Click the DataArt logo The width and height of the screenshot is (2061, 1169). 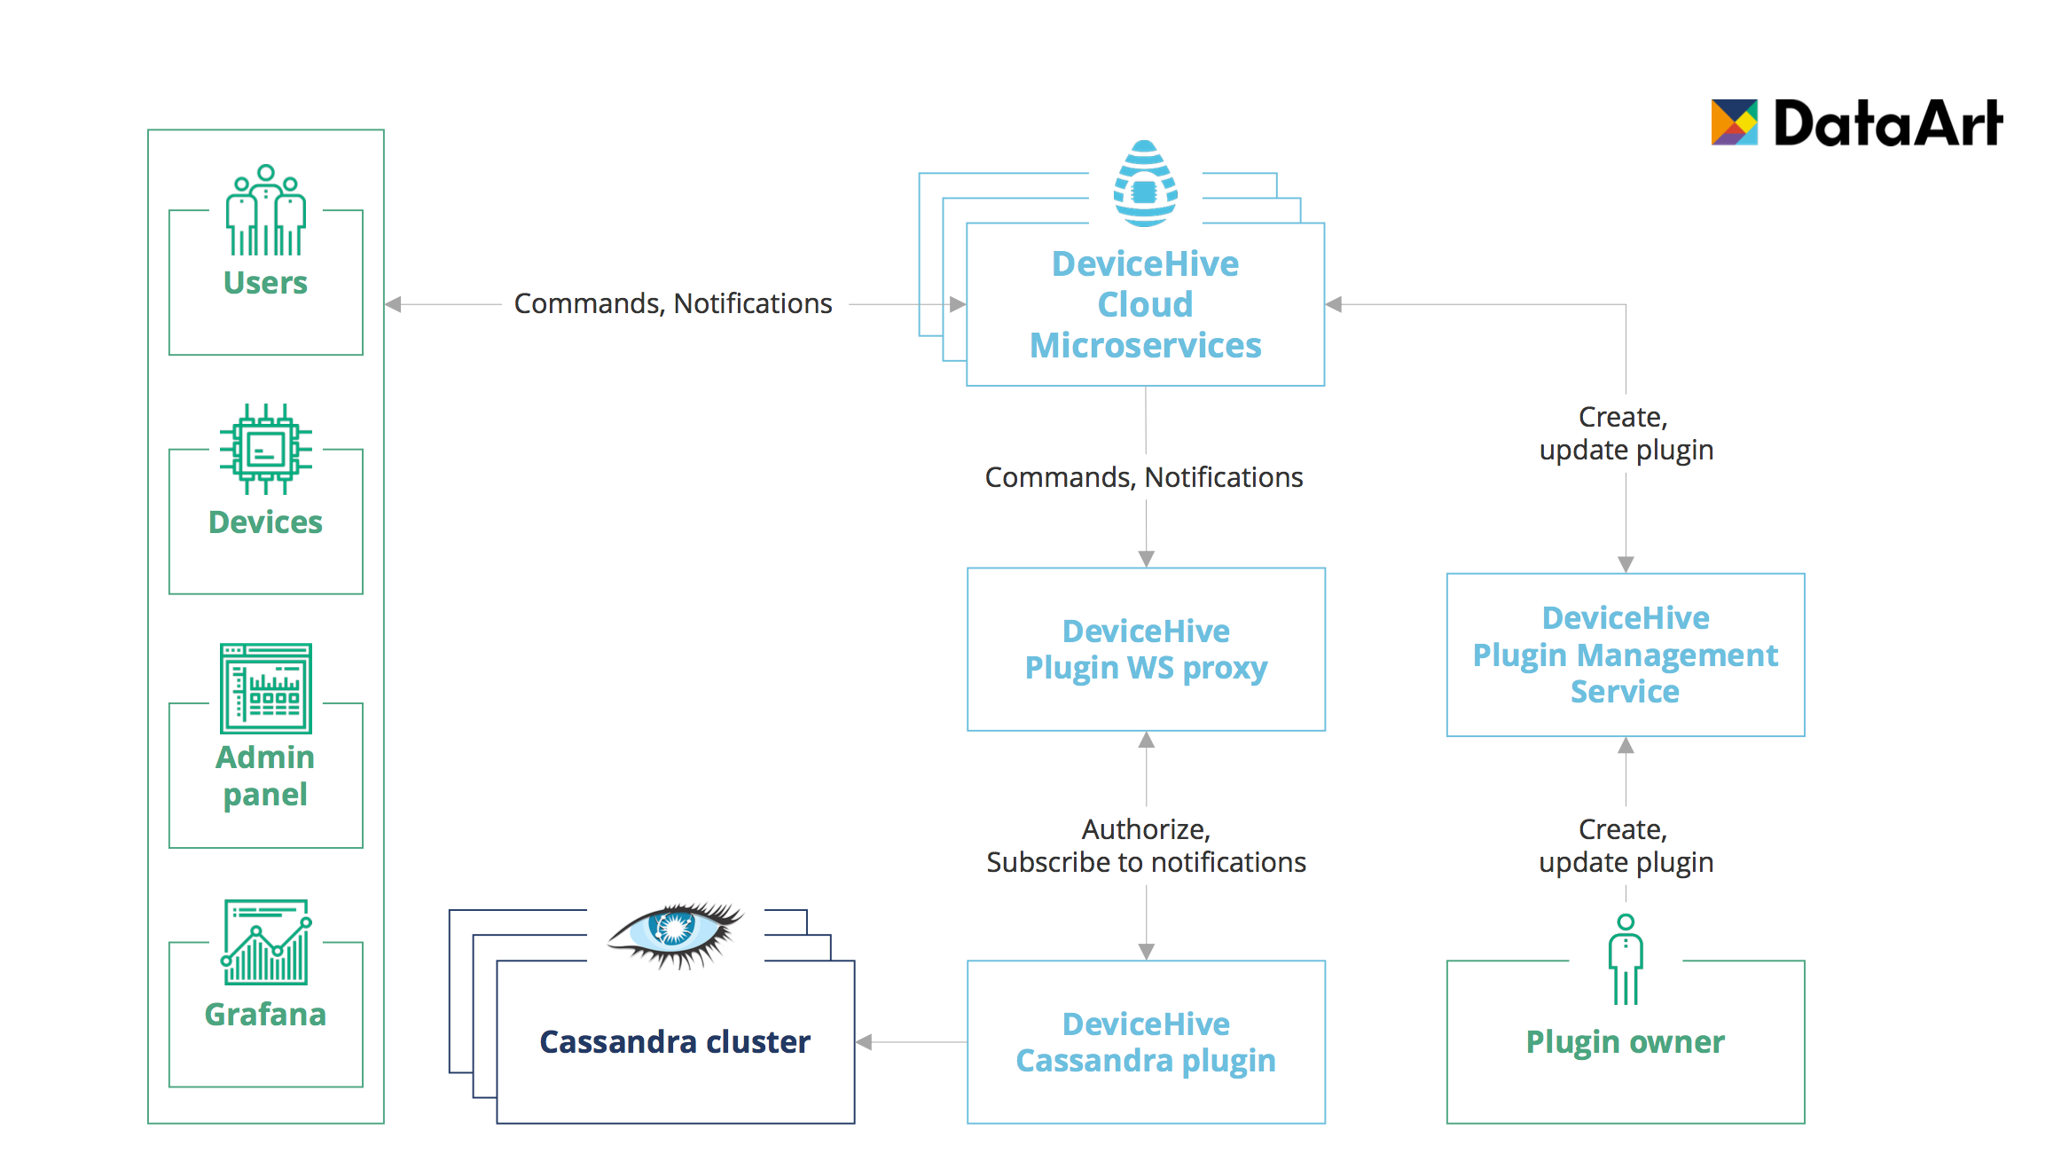click(1856, 122)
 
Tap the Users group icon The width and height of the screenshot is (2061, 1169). click(265, 210)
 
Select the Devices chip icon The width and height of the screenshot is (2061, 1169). click(265, 449)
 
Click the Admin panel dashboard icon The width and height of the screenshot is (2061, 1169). click(265, 688)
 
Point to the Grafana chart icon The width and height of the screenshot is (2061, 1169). click(265, 942)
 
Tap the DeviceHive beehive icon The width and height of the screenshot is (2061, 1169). click(1145, 184)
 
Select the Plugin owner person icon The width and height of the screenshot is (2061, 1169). click(1625, 960)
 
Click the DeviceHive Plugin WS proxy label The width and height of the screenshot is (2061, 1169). click(1146, 649)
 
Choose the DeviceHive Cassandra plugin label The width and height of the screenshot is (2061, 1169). click(1146, 1042)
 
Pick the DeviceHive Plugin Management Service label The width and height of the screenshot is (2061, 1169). click(1625, 655)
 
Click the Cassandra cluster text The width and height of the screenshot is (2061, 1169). click(675, 1041)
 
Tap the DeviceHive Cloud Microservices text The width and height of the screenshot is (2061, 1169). click(1145, 304)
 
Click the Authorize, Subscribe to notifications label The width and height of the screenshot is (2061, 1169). click(1146, 845)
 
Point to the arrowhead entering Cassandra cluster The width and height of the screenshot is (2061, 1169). click(864, 1042)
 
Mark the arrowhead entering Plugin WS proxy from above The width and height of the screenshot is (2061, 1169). click(1146, 559)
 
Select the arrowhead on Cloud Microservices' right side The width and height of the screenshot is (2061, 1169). click(1334, 304)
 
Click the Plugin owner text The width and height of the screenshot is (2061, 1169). click(1625, 1041)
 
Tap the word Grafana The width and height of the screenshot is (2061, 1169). click(265, 1014)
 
